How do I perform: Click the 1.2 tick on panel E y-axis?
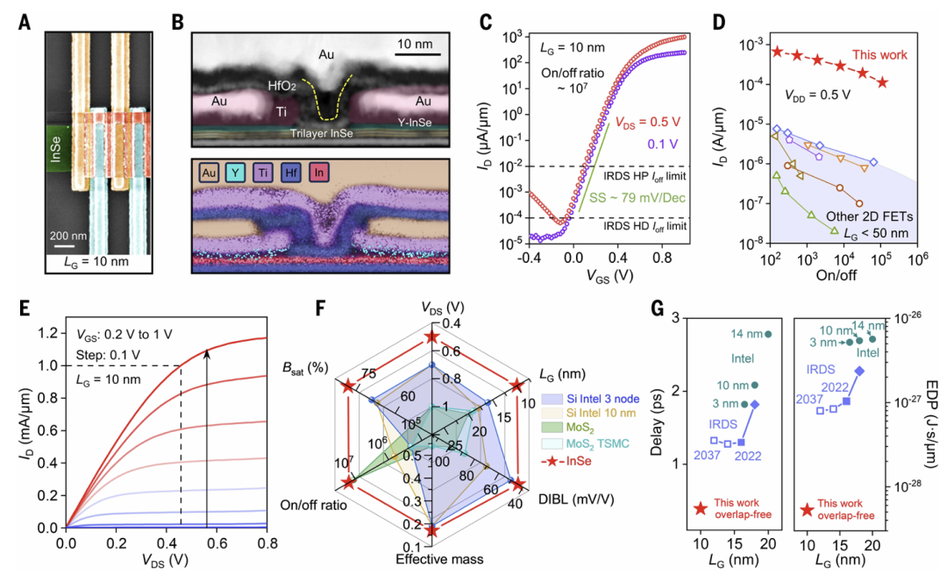48,332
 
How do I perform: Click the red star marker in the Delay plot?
700,508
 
